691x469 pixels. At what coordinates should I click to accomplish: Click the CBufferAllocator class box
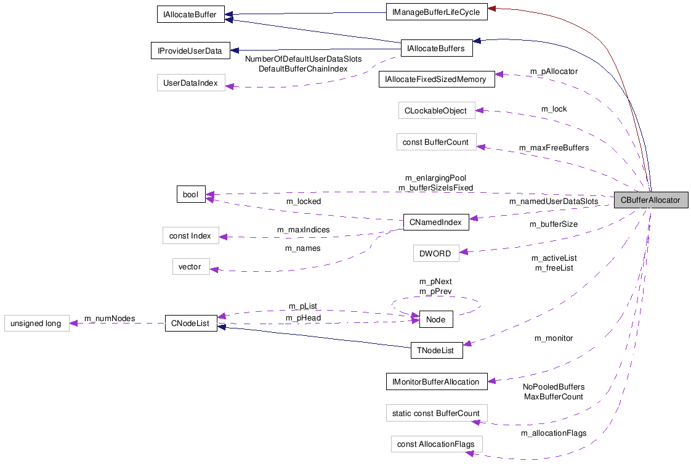point(650,200)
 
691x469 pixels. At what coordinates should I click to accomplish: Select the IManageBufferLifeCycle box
point(436,12)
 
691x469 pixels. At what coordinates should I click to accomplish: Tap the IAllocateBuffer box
point(190,15)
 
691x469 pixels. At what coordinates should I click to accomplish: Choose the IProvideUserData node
point(190,51)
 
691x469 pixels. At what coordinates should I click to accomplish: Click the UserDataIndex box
point(190,83)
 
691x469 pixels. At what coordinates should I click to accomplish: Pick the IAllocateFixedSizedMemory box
point(436,79)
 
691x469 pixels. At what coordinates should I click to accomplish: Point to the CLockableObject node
point(436,111)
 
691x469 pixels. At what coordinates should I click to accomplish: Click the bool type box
point(190,195)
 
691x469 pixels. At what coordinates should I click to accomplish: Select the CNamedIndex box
point(435,222)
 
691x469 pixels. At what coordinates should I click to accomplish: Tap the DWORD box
point(435,253)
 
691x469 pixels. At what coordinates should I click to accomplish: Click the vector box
point(190,267)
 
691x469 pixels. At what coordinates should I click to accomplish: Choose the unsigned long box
point(36,324)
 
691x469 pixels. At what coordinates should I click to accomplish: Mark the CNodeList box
point(190,324)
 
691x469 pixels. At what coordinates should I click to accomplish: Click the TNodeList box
point(436,351)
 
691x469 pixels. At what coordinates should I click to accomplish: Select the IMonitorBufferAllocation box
point(436,381)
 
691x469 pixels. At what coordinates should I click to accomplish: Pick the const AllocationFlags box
point(436,444)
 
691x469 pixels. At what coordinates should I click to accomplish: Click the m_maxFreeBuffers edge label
point(554,148)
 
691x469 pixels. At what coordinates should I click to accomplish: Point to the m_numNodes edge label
point(110,319)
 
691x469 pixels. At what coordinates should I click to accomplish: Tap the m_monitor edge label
point(553,338)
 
